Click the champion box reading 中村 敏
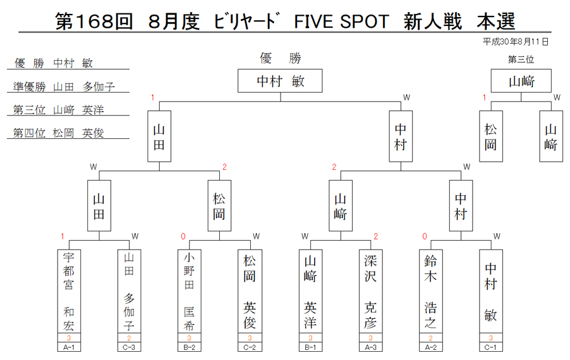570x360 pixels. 280,80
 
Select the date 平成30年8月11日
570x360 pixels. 516,42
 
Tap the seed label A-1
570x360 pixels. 68,347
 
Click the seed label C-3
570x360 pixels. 129,347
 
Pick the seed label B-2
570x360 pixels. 189,347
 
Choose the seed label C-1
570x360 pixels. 491,347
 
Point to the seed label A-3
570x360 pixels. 370,347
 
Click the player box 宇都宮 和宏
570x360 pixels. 68,292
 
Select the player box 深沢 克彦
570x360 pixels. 370,292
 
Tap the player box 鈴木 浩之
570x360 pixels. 431,292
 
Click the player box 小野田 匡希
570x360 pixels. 189,292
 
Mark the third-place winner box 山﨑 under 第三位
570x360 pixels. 521,80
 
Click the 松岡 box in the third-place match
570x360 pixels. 491,136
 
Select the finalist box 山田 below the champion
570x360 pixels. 159,136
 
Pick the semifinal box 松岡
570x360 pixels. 219,206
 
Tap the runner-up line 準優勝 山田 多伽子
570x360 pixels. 64,87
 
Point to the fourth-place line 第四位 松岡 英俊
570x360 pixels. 58,132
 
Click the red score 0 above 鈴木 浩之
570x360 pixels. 424,236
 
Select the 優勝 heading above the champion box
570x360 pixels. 281,58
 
